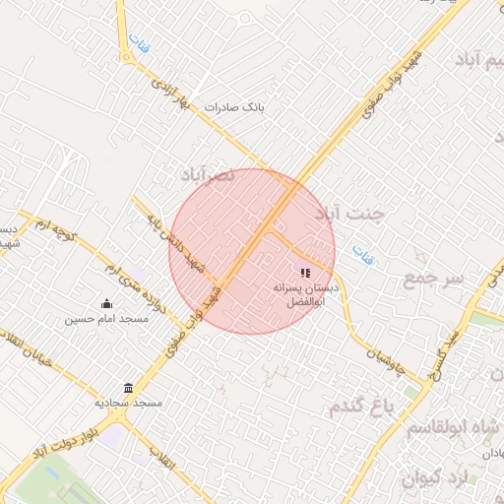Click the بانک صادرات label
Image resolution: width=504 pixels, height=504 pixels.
tap(234, 105)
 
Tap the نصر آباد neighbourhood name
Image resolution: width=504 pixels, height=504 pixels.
tap(208, 174)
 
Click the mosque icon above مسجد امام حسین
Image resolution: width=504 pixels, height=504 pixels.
tap(106, 303)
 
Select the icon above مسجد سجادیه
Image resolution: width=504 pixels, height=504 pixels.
tap(128, 388)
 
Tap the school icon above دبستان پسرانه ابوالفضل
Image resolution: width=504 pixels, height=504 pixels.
tap(305, 273)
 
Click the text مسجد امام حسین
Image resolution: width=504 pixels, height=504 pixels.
tap(106, 319)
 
